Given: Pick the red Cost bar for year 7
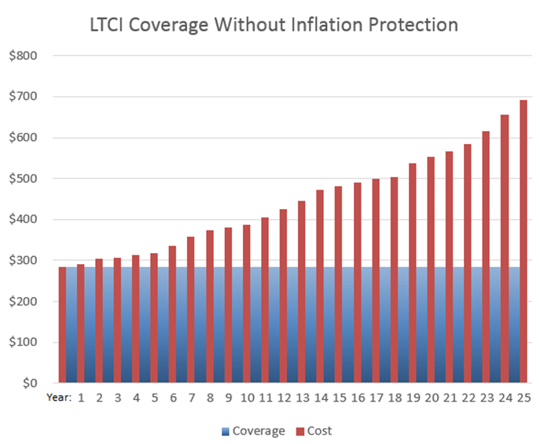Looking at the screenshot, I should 191,310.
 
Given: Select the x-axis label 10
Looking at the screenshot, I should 247,398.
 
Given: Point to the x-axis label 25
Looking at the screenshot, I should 523,398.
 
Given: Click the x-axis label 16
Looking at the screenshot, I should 358,398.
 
